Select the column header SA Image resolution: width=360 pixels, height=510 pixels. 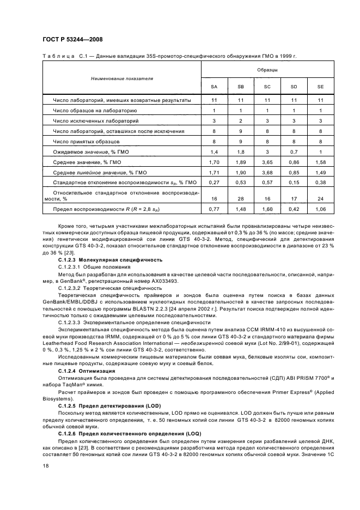coord(214,87)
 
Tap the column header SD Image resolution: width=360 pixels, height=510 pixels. coord(294,87)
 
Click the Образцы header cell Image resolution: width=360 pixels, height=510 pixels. coord(267,70)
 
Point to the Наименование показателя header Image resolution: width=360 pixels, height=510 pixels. coord(122,78)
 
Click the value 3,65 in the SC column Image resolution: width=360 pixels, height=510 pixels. coord(267,162)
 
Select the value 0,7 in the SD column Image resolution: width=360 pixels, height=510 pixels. coord(294,151)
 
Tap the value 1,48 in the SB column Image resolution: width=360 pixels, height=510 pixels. coord(241,209)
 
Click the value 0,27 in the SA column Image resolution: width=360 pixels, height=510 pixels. coord(214,183)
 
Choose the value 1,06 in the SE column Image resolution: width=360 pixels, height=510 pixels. coord(320,209)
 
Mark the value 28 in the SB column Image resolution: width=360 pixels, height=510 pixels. coord(241,199)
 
